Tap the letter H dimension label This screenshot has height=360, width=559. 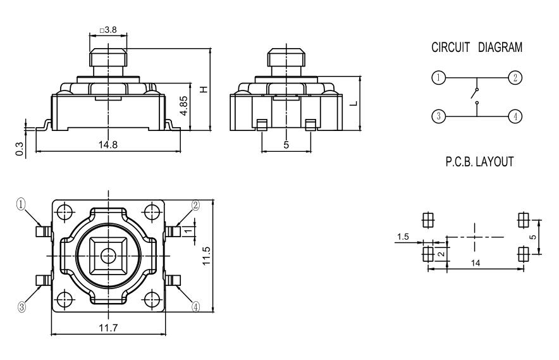203,89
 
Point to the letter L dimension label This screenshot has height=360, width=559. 355,104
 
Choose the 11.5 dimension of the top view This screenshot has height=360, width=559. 206,256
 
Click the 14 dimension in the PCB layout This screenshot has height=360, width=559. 475,262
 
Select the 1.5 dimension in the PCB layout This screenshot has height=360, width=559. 402,237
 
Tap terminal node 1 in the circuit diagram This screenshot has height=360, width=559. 437,77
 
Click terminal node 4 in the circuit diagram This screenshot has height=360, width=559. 516,116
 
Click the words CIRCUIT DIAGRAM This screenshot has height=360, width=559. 477,47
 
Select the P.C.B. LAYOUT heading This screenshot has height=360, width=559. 477,162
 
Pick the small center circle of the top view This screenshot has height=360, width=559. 109,255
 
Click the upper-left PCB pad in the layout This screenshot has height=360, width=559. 427,219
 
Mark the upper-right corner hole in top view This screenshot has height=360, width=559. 152,211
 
